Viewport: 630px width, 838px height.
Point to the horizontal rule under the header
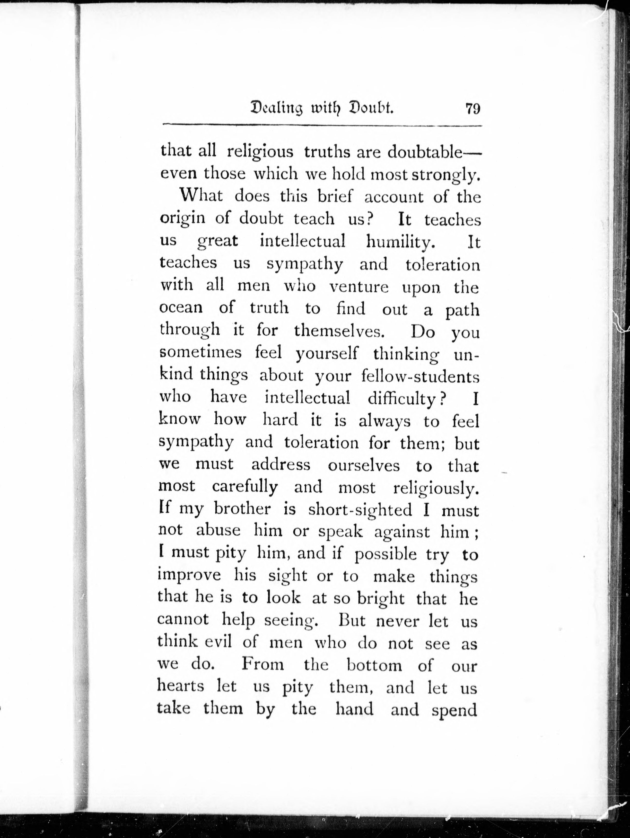[322, 125]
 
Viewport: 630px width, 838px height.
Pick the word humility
[400, 242]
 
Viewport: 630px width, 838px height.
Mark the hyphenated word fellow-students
[420, 376]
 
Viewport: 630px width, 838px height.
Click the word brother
[242, 509]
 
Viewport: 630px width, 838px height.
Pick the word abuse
[218, 530]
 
